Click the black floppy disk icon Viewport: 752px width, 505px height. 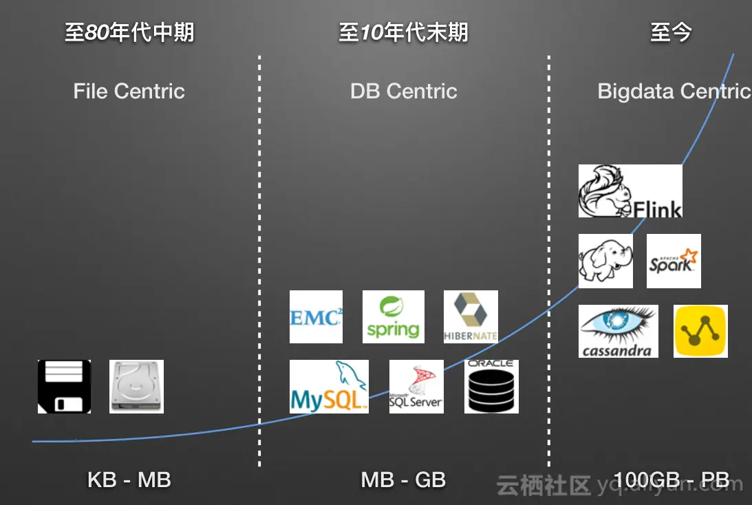click(64, 386)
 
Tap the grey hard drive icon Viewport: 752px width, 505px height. click(136, 386)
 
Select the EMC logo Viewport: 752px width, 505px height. click(316, 316)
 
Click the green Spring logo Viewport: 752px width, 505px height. click(393, 316)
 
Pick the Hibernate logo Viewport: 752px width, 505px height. click(471, 316)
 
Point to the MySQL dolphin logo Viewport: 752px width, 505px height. click(329, 386)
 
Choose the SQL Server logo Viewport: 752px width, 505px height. click(416, 386)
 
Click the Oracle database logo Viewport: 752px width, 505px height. click(491, 386)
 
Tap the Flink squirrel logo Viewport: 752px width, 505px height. click(630, 191)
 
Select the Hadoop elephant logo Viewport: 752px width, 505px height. click(605, 261)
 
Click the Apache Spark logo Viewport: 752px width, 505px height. click(674, 261)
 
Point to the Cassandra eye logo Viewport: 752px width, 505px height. click(618, 331)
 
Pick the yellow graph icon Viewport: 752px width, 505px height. click(700, 331)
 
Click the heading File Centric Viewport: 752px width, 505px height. click(129, 92)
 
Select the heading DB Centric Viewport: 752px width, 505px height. click(404, 92)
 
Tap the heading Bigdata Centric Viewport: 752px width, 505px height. click(674, 92)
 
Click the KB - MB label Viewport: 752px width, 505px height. click(129, 480)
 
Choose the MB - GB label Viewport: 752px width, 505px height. click(404, 480)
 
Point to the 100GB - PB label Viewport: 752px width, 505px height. click(671, 480)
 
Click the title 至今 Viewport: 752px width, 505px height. click(671, 32)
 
